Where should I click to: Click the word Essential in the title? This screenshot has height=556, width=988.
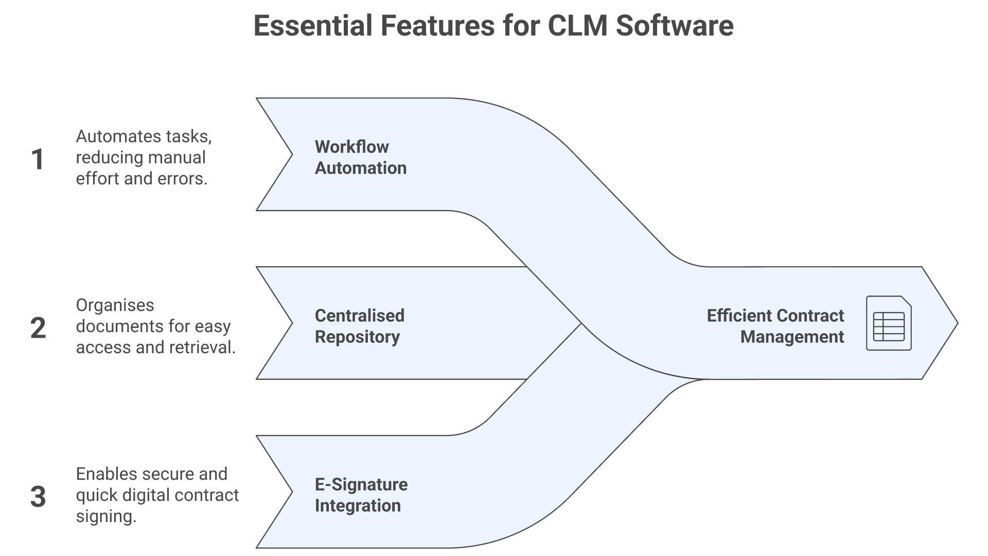click(312, 26)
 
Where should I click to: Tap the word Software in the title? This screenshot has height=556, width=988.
click(674, 26)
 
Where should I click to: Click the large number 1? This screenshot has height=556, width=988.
click(38, 159)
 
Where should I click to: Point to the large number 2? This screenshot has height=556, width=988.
click(38, 328)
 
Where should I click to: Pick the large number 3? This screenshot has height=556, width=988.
click(38, 497)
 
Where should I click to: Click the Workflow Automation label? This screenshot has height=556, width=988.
click(360, 157)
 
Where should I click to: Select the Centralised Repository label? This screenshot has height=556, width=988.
click(359, 326)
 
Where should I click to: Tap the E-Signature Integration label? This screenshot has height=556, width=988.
click(361, 495)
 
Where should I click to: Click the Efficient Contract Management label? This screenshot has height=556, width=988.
click(775, 326)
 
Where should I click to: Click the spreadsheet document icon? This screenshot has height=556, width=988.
click(889, 323)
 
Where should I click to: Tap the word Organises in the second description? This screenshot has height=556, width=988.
click(115, 305)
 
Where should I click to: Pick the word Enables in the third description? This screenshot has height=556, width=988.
click(107, 474)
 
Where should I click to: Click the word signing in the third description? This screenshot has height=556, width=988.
click(106, 516)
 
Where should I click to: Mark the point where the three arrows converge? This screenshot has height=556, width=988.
click(581, 323)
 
